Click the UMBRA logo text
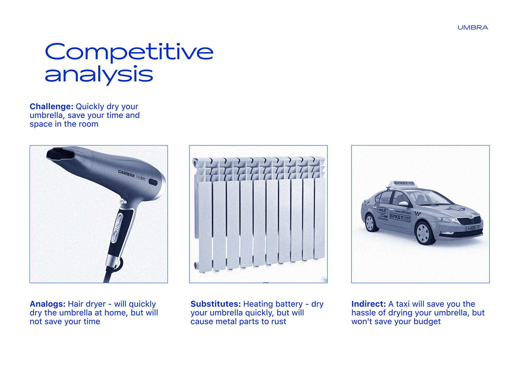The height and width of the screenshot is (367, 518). [x=472, y=28]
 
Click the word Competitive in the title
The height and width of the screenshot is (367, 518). [x=129, y=52]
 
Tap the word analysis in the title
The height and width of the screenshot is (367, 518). [x=99, y=75]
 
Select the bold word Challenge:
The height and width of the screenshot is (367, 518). [x=51, y=107]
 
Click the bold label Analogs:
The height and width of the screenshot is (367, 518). [x=48, y=304]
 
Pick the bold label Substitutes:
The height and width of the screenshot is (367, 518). [x=215, y=304]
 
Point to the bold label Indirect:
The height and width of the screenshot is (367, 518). [x=369, y=304]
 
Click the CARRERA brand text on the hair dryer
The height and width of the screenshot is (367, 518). [x=126, y=173]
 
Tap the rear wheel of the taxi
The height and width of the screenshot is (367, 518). [x=370, y=223]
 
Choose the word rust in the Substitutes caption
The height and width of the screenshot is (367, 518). [x=278, y=321]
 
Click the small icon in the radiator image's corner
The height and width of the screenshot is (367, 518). [x=324, y=280]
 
